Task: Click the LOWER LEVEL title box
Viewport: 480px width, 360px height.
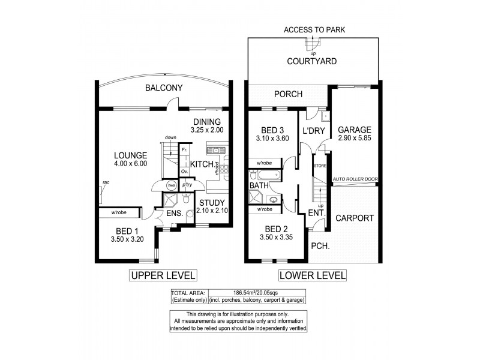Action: point(312,275)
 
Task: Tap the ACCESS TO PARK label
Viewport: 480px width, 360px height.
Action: point(314,29)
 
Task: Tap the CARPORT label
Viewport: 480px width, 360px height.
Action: point(354,218)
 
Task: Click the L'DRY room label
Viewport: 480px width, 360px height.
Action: point(313,130)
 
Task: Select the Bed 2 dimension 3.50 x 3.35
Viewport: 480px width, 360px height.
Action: point(273,238)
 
